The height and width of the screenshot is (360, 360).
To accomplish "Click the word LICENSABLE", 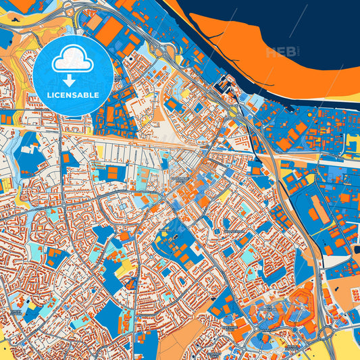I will point(73,95).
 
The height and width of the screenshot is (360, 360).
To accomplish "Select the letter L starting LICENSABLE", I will point(49,95).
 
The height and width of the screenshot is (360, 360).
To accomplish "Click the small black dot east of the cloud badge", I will point(128,59).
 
